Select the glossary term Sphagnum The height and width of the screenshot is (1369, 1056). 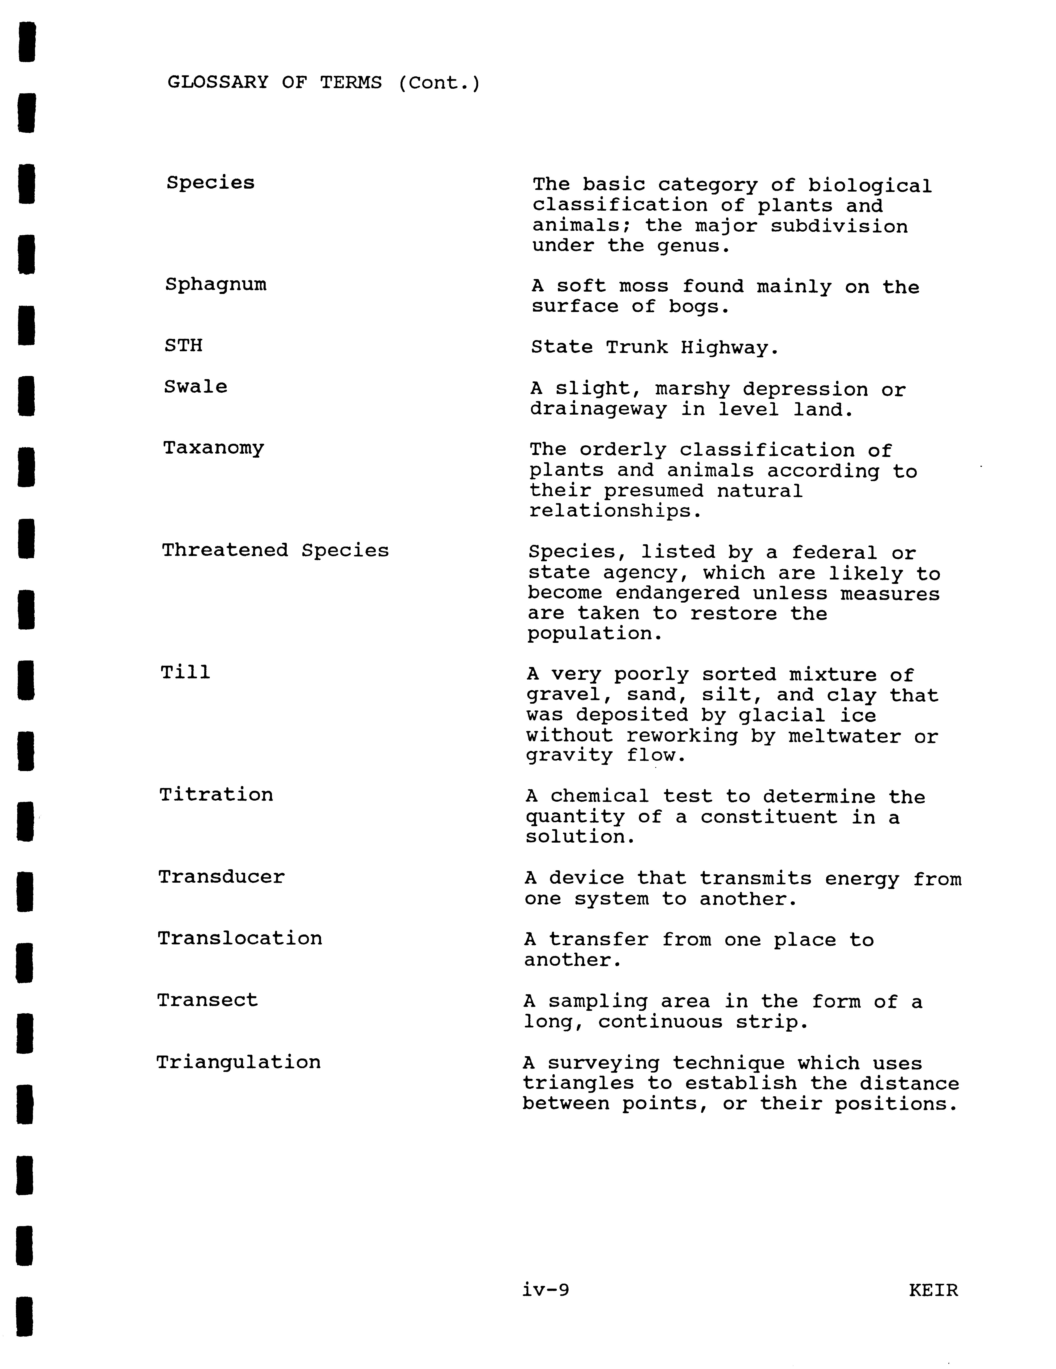[216, 285]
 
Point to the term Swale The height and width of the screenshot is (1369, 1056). [196, 387]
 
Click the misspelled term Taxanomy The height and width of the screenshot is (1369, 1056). [214, 448]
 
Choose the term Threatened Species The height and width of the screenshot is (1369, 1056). [275, 550]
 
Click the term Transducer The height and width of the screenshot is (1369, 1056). [221, 877]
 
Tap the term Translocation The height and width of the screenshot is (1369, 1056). [239, 938]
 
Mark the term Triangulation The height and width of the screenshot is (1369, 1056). [238, 1062]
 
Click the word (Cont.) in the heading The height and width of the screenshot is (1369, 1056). [439, 83]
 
